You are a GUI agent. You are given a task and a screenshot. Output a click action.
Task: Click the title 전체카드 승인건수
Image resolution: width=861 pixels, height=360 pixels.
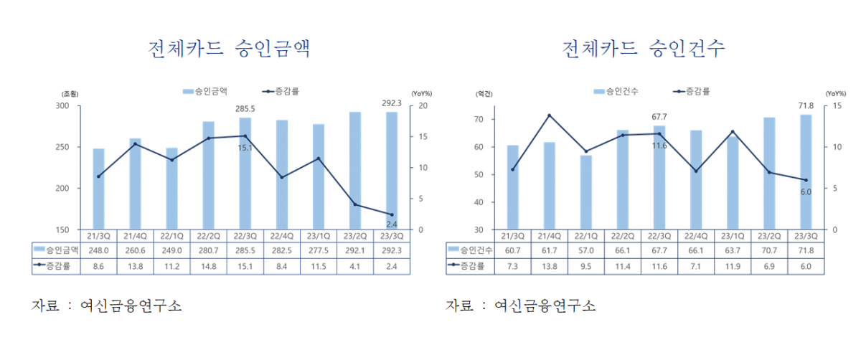tap(644, 49)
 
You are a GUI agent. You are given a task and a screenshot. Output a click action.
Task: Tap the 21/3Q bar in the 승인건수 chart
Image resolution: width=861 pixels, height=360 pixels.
tap(513, 187)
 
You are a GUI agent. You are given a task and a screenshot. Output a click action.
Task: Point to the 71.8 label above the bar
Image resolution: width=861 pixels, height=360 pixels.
tap(806, 105)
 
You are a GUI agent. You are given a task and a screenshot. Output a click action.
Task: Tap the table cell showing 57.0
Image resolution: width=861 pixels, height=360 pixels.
tap(586, 250)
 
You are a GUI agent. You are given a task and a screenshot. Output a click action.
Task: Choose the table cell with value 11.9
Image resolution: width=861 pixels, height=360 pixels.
tap(733, 265)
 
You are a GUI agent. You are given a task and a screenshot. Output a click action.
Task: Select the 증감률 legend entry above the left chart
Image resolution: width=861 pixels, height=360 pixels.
tap(281, 92)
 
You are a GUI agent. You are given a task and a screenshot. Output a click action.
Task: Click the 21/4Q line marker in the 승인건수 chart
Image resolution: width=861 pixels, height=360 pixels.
tap(550, 115)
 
